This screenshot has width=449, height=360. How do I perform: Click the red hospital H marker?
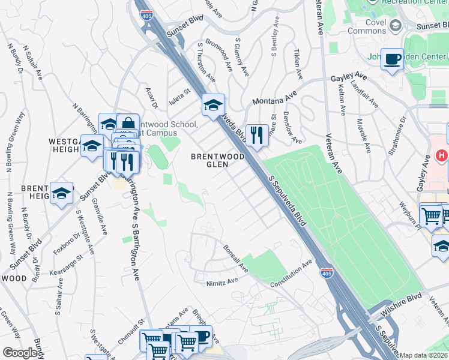click(442, 155)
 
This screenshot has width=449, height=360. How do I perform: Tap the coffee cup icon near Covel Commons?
click(393, 59)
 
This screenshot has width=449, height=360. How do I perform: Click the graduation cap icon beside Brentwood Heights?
click(62, 193)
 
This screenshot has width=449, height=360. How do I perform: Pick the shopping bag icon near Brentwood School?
click(127, 124)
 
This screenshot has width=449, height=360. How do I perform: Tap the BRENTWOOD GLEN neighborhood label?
click(217, 160)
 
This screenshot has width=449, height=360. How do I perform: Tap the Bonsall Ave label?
click(235, 256)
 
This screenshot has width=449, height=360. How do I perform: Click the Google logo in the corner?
click(20, 353)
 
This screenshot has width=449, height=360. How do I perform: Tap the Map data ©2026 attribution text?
click(424, 355)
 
